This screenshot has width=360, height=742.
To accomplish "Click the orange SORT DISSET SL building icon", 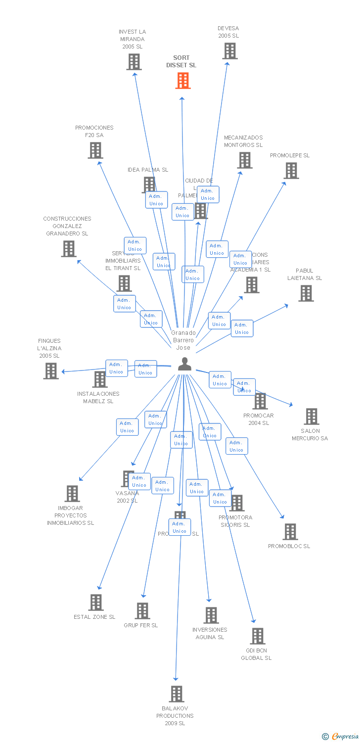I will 183,81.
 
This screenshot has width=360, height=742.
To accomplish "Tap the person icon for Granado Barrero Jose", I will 184,364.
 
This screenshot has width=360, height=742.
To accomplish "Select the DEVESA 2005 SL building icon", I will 229,51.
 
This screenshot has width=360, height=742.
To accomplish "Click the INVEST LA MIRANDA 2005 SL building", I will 134,62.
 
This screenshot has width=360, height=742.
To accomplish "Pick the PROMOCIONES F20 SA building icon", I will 95,150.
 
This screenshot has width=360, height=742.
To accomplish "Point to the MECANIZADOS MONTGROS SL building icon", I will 244,160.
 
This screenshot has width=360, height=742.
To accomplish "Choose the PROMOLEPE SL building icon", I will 291,171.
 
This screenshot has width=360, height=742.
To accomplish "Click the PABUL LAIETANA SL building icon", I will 306,293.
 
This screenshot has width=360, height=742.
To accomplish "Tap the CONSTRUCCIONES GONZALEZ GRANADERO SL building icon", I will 68,249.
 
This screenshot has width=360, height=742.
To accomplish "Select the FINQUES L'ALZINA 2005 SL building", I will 50,371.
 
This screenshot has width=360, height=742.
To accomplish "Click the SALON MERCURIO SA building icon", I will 311,417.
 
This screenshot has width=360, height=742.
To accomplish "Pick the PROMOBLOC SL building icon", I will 290,532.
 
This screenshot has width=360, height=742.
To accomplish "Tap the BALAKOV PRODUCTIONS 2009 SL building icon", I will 177,694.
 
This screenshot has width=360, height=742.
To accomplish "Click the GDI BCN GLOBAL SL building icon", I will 257,636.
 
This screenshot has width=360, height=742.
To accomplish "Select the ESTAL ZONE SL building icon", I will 96,603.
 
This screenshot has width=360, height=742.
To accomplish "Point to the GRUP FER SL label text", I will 141,625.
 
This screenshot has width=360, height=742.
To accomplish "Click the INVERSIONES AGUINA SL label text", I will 210,634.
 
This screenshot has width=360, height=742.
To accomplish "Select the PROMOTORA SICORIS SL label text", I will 235,521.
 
